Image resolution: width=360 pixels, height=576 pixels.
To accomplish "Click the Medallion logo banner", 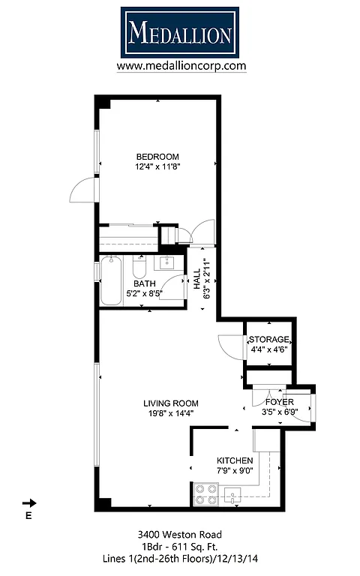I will (180, 32).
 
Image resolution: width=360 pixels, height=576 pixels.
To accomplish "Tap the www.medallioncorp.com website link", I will (181, 66).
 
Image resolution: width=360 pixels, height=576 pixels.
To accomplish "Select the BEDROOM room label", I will (157, 156).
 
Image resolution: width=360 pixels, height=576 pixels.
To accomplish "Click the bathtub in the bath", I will (111, 280).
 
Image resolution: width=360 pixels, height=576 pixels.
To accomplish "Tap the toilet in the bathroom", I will (139, 267).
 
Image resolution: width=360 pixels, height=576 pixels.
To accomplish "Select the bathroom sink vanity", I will (166, 262).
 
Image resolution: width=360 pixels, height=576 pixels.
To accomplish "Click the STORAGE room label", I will (268, 340).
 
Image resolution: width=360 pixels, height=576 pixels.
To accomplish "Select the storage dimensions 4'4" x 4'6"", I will (268, 349).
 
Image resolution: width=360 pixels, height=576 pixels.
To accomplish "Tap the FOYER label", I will (279, 402).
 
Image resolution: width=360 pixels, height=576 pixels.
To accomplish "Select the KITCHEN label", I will (235, 460).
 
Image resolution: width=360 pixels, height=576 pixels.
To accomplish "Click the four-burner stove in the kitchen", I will (205, 494).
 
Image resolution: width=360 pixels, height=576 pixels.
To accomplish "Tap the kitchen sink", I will (233, 494).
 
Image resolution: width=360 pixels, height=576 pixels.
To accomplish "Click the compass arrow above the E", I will (29, 503).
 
